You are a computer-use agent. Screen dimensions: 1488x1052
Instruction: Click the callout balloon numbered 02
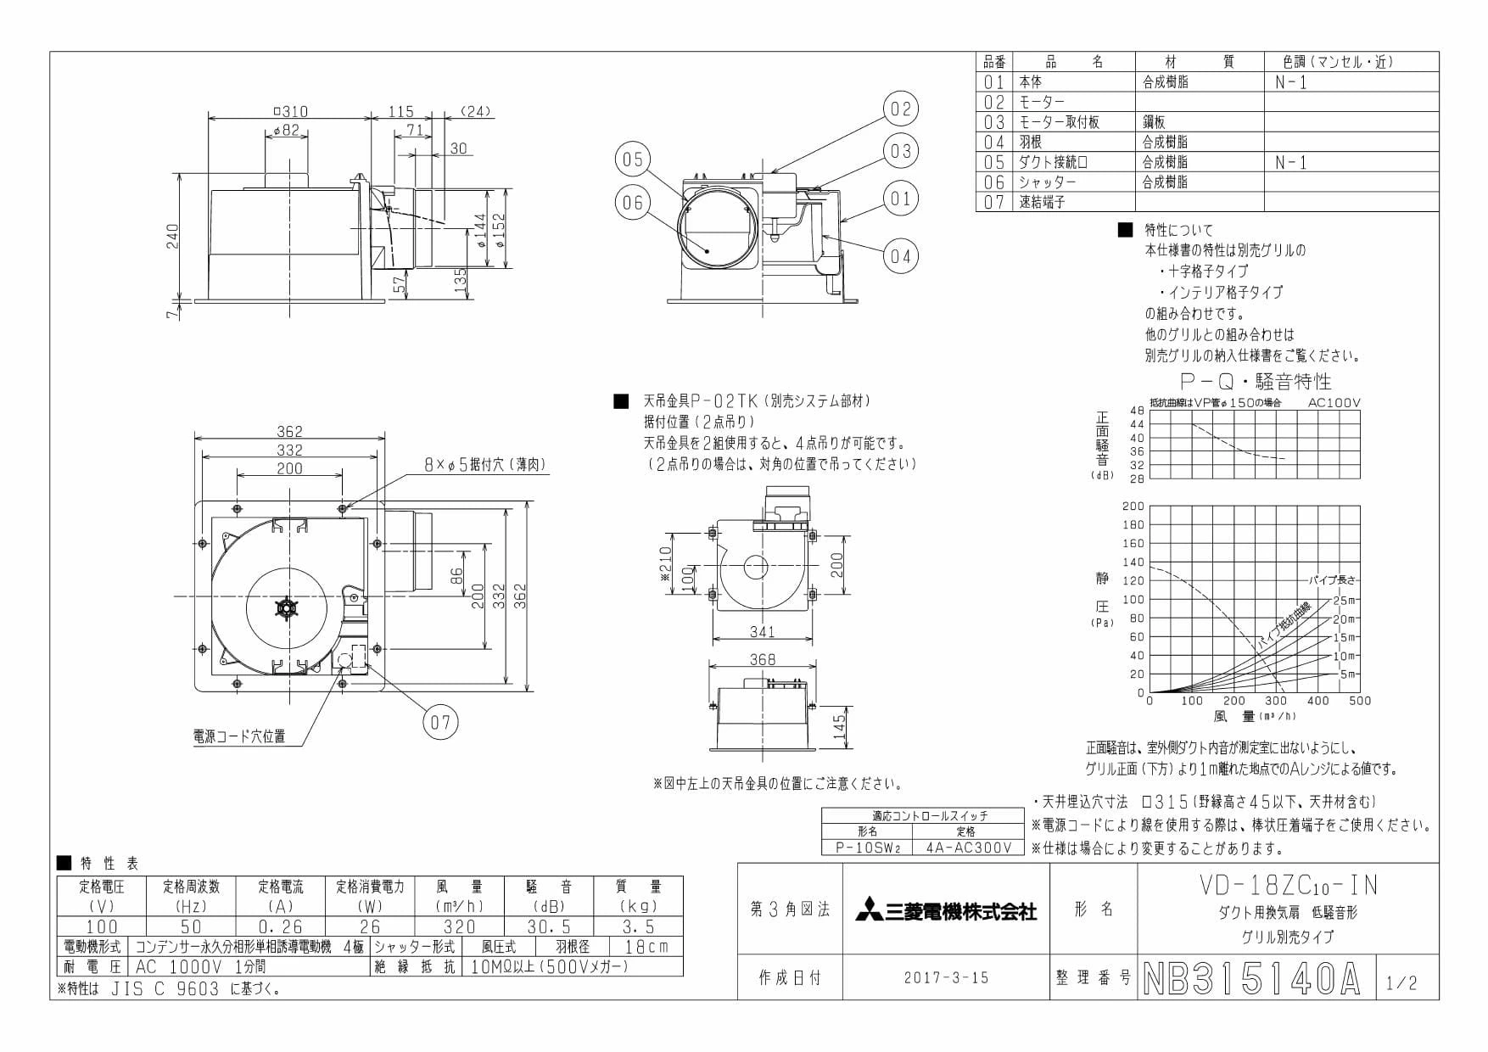click(x=900, y=109)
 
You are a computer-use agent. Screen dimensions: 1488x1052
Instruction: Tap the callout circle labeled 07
click(x=439, y=722)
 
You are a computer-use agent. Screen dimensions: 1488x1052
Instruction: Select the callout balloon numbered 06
click(x=633, y=202)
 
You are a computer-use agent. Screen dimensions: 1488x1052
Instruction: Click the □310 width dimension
click(x=291, y=111)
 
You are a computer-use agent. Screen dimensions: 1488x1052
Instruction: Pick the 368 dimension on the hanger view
click(x=762, y=659)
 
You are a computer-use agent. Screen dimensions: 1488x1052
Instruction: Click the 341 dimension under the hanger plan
click(x=762, y=631)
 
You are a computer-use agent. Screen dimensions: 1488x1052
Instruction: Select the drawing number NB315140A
click(x=1251, y=979)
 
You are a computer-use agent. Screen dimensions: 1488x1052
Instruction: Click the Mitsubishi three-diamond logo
click(x=867, y=911)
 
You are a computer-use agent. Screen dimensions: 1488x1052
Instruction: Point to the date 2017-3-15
click(x=946, y=977)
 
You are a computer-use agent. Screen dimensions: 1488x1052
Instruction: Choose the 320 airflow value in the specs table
click(x=459, y=926)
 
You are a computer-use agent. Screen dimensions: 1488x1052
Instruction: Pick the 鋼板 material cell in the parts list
click(x=1154, y=121)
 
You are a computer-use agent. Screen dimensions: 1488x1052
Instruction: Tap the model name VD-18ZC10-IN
click(x=1288, y=885)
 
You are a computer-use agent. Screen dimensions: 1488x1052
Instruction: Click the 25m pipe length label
click(x=1345, y=600)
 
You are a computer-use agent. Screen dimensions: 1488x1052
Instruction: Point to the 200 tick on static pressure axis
click(x=1133, y=506)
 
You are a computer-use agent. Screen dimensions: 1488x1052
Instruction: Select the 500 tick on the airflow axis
click(x=1360, y=701)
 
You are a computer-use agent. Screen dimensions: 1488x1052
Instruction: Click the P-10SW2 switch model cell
click(x=867, y=847)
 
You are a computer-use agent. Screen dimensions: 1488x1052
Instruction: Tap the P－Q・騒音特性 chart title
click(x=1256, y=381)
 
